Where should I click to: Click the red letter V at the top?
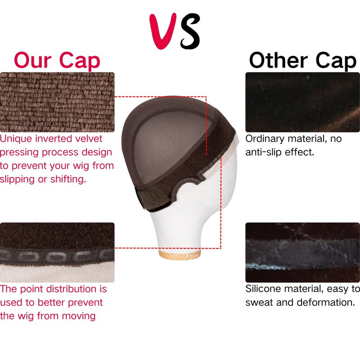tap(162, 31)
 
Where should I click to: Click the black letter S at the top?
tap(189, 31)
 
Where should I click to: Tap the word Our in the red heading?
tap(32, 60)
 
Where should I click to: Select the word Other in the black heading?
tap(278, 60)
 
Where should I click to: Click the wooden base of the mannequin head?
tap(180, 255)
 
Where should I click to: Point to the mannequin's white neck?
tap(179, 229)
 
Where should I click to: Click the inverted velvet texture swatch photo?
tap(57, 102)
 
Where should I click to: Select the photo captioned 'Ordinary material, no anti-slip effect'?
tap(302, 102)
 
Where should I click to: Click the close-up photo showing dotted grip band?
tap(57, 252)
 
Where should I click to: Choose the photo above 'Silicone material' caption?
tap(302, 252)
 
